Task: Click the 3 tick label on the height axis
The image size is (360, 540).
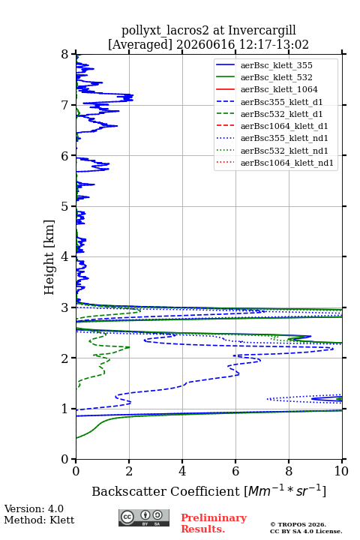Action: click(65, 307)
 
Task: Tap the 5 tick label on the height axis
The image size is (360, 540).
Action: click(65, 206)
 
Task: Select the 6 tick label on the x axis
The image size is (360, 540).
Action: click(235, 471)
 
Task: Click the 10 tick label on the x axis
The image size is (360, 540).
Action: click(341, 471)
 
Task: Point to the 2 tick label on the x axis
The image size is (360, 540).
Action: click(129, 471)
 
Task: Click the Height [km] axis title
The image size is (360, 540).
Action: click(49, 257)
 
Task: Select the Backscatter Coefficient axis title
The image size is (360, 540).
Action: click(208, 490)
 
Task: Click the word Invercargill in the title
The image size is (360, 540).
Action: click(262, 31)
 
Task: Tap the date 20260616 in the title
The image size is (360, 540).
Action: click(205, 45)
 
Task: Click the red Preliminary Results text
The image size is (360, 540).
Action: click(214, 523)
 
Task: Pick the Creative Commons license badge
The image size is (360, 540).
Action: click(144, 518)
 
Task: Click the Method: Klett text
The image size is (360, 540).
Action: click(39, 520)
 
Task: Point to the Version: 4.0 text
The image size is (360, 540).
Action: click(34, 509)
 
